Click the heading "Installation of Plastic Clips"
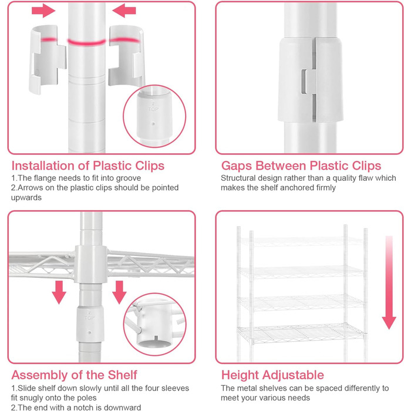pyautogui.click(x=88, y=166)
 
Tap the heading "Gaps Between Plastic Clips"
pyautogui.click(x=301, y=166)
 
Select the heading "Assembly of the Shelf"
pyautogui.click(x=74, y=375)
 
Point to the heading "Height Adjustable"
pyautogui.click(x=272, y=375)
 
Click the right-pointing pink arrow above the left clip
pyautogui.click(x=43, y=11)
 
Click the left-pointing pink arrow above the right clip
pyautogui.click(x=124, y=11)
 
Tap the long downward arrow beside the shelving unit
pyautogui.click(x=389, y=282)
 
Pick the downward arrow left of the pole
pyautogui.click(x=59, y=292)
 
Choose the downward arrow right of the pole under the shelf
pyautogui.click(x=119, y=292)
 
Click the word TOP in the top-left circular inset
pyautogui.click(x=153, y=109)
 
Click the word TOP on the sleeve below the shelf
pyautogui.click(x=89, y=318)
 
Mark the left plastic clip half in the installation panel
pyautogui.click(x=47, y=59)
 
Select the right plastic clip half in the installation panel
pyautogui.click(x=126, y=56)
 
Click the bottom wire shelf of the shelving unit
pyautogui.click(x=301, y=333)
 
